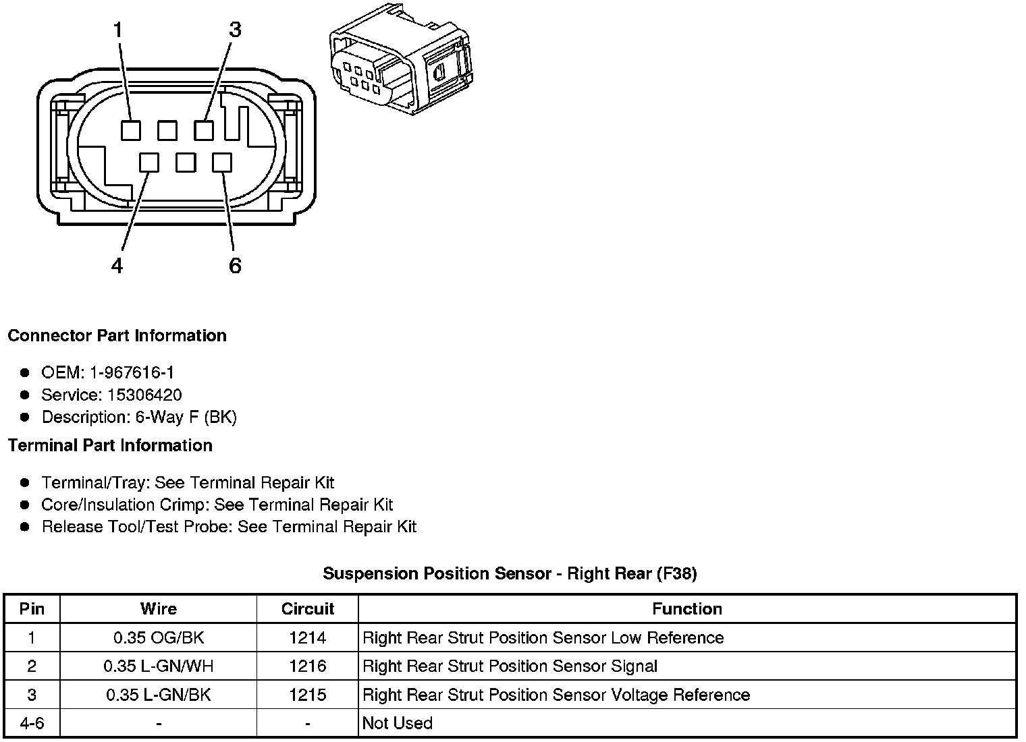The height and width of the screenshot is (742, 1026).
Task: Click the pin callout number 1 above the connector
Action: [x=118, y=30]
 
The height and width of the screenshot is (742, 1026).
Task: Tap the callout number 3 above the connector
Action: [x=234, y=30]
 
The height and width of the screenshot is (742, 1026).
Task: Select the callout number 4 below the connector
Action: [x=117, y=266]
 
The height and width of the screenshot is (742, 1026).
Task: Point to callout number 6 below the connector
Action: [x=235, y=266]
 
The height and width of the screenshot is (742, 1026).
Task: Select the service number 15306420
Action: [x=144, y=395]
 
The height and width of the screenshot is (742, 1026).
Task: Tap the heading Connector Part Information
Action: [x=117, y=336]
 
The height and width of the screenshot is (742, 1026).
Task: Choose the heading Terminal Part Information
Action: [x=110, y=446]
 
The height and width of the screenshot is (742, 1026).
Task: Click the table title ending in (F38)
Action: [x=510, y=574]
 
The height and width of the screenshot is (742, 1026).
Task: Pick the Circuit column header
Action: [x=308, y=609]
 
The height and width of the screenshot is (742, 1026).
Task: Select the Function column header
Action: [x=686, y=609]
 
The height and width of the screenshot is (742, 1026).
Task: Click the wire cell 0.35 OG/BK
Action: [x=159, y=637]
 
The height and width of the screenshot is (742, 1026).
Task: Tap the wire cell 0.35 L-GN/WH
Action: [x=159, y=666]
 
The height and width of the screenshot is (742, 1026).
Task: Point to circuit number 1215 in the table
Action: [x=308, y=695]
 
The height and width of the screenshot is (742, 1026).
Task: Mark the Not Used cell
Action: [x=398, y=723]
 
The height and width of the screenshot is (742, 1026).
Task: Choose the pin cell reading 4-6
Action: [x=32, y=723]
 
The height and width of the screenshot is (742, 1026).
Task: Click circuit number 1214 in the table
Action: [x=308, y=637]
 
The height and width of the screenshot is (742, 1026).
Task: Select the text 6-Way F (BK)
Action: [x=186, y=417]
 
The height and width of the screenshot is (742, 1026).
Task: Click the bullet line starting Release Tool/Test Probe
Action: [x=229, y=527]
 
